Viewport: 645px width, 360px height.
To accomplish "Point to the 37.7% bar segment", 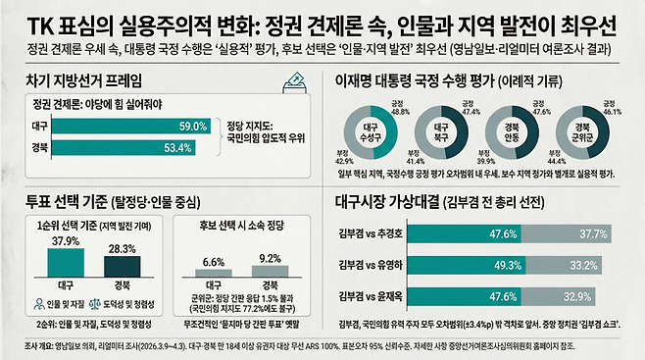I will [582, 234].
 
